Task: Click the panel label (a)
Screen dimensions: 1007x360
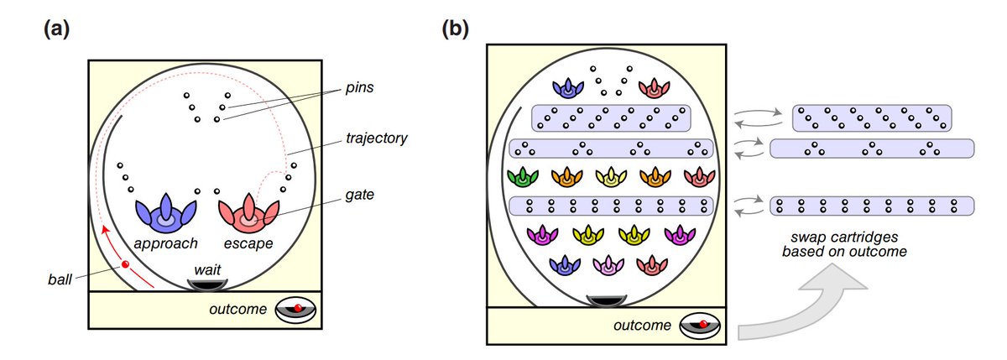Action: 57,29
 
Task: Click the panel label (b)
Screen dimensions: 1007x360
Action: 456,29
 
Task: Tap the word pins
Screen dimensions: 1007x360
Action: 359,87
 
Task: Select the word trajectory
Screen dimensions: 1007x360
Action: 376,138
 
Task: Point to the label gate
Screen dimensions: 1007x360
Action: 359,195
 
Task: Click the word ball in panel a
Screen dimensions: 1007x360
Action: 60,279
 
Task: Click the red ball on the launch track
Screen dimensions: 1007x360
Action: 125,264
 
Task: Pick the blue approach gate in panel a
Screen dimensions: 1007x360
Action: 166,213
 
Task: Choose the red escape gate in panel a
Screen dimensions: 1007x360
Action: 248,213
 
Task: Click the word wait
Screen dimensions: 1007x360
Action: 207,269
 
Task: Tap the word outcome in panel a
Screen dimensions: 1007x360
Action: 237,309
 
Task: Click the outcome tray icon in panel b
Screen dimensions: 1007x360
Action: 700,326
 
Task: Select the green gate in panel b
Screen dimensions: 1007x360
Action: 522,177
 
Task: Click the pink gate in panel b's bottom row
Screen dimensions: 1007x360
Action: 608,265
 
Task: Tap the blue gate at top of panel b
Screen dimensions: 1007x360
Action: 568,88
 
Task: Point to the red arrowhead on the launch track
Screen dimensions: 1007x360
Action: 105,230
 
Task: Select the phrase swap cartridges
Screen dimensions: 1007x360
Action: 844,237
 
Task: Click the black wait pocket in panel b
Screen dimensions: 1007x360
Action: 607,301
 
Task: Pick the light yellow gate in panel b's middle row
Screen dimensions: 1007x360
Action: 611,177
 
